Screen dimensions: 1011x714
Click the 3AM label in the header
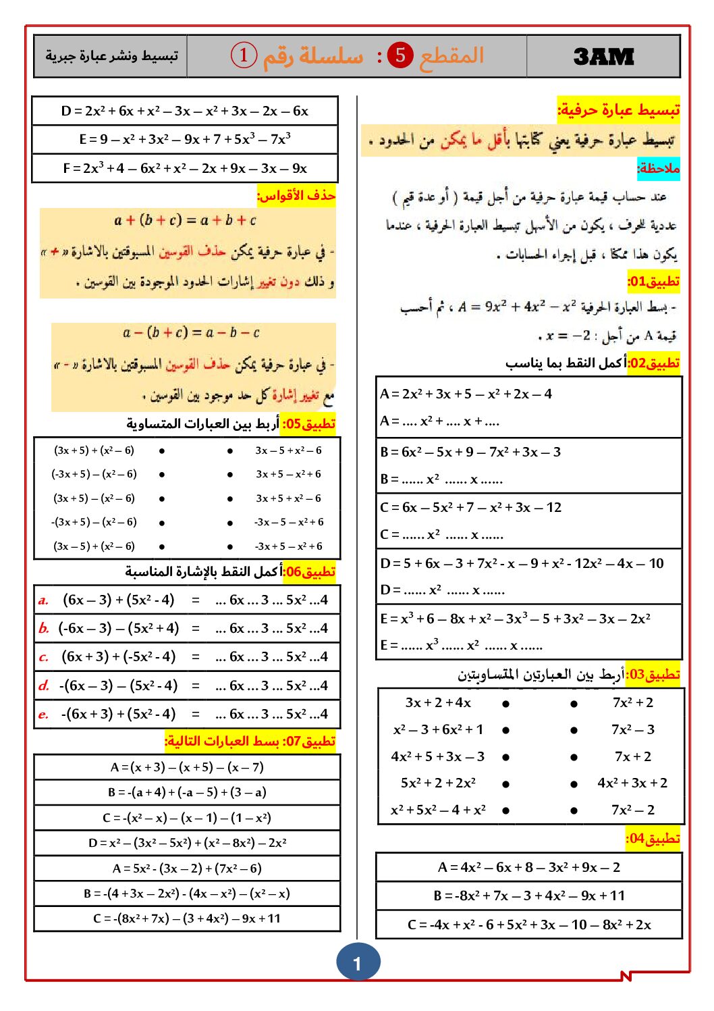[x=603, y=57]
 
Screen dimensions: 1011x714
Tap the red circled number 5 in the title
[x=400, y=55]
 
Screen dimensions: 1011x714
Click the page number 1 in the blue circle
[x=358, y=963]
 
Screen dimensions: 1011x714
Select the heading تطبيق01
[x=653, y=282]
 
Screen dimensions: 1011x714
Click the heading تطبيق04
[x=653, y=839]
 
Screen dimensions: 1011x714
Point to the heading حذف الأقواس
[x=296, y=196]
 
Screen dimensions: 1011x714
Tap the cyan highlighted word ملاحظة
[x=658, y=168]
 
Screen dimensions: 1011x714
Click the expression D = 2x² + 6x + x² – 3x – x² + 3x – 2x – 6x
[x=184, y=111]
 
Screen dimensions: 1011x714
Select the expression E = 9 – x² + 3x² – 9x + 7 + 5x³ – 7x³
[x=184, y=140]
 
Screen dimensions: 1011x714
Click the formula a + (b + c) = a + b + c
[x=185, y=221]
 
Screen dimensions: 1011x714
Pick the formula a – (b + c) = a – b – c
[x=191, y=333]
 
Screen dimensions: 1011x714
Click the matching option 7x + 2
[x=632, y=756]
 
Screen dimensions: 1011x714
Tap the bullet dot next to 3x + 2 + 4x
[x=505, y=704]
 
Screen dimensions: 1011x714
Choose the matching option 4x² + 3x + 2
[x=632, y=783]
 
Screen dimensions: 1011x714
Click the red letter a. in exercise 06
[x=43, y=600]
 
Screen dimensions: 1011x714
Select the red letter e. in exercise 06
[x=43, y=715]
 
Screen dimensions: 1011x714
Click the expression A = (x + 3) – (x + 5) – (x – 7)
[x=187, y=767]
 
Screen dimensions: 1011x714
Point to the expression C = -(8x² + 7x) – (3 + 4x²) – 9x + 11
[x=187, y=918]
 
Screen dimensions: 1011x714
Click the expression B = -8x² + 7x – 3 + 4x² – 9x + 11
[x=529, y=896]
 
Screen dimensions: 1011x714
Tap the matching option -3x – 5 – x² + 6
[x=288, y=522]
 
